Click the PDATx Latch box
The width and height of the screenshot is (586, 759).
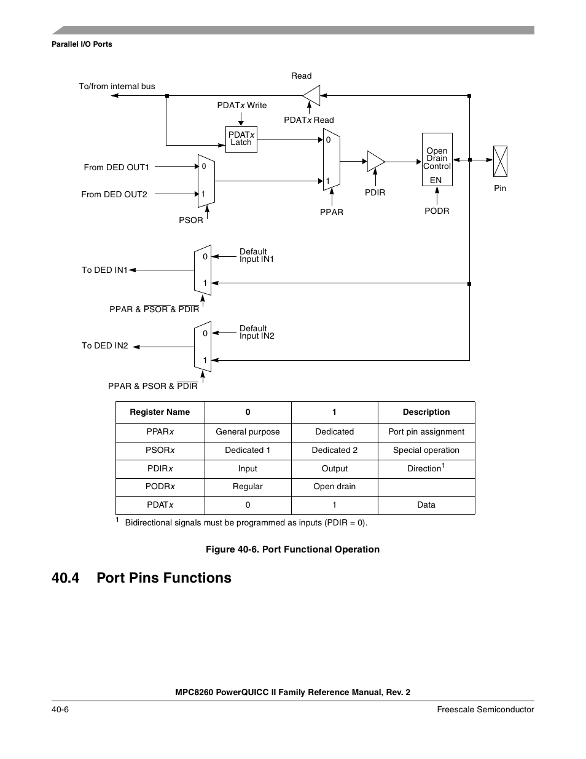[241, 139]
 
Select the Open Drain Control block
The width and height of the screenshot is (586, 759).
[437, 159]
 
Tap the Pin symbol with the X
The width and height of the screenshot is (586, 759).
[500, 161]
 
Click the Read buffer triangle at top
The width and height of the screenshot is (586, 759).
[312, 95]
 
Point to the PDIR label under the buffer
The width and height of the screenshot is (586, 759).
[375, 192]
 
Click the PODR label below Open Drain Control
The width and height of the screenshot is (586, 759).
[437, 211]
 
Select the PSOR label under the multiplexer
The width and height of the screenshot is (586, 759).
[190, 220]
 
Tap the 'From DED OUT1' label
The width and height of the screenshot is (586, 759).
[116, 167]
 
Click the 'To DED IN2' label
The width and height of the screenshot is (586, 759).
[104, 345]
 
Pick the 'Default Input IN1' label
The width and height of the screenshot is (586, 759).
[256, 255]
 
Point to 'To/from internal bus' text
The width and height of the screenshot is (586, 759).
[117, 86]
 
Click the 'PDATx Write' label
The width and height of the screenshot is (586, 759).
[241, 105]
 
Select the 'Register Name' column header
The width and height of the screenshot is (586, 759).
[160, 412]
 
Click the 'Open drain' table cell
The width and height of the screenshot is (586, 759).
[334, 486]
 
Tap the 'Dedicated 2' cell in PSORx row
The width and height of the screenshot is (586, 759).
[334, 450]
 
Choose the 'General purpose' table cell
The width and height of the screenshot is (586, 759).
[248, 431]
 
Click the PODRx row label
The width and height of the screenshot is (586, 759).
[160, 486]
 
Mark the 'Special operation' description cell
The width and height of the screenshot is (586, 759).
[426, 450]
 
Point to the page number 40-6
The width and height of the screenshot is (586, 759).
[60, 709]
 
